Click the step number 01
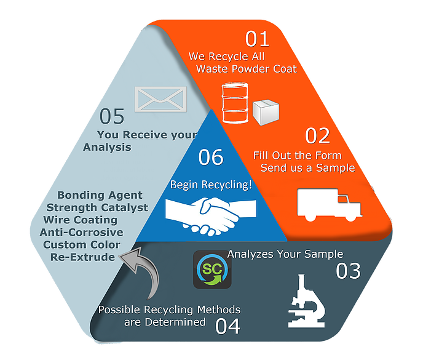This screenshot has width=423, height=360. pyautogui.click(x=258, y=39)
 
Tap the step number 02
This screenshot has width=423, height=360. pyautogui.click(x=318, y=135)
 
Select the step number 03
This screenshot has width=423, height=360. pyautogui.click(x=347, y=271)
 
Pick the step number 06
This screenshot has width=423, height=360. pyautogui.click(x=211, y=158)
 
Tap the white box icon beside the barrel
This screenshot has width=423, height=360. pyautogui.click(x=266, y=112)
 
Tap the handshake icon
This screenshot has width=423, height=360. pyautogui.click(x=202, y=212)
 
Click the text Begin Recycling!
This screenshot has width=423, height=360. pyautogui.click(x=211, y=184)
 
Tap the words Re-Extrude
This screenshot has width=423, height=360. pyautogui.click(x=83, y=257)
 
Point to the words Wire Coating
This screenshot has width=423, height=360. pyautogui.click(x=81, y=220)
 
